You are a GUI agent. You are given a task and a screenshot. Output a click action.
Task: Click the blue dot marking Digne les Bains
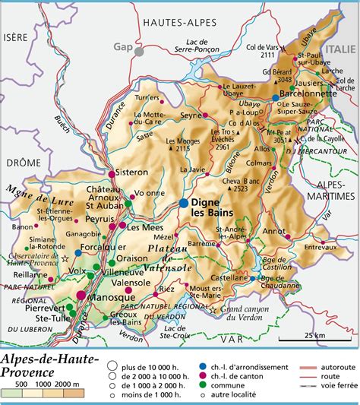184,203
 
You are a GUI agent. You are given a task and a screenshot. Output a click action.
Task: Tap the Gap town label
123,46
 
